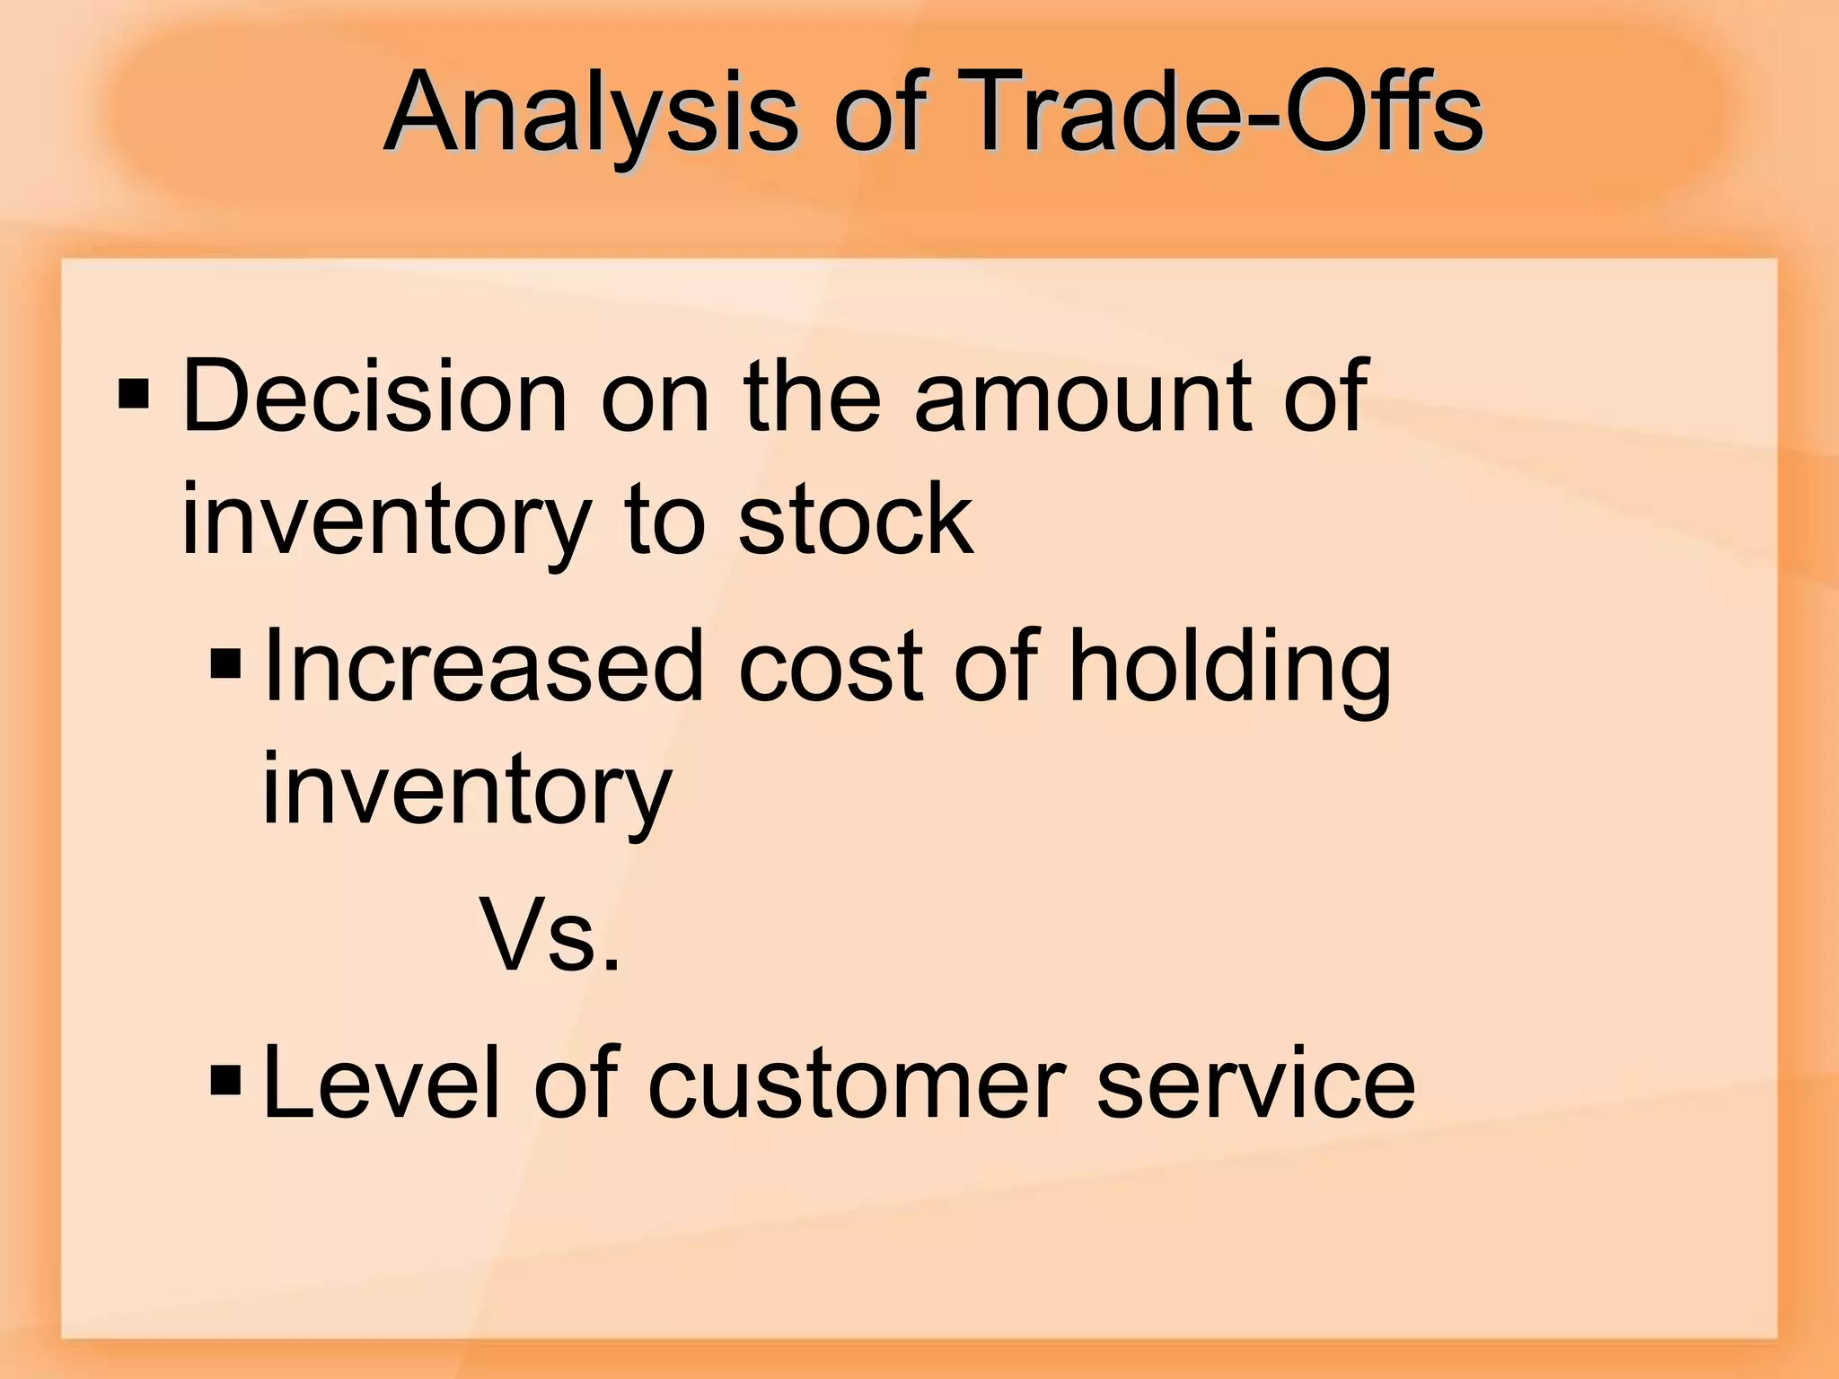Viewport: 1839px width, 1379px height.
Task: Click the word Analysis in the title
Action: pos(591,115)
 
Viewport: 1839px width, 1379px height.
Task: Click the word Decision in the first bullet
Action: pos(374,396)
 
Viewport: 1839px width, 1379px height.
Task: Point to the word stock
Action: pos(855,519)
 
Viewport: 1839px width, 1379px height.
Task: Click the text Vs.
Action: pos(550,935)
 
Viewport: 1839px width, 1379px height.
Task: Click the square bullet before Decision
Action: pos(134,393)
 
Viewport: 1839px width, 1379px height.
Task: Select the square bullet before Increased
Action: pos(225,664)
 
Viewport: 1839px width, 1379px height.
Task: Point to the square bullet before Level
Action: pos(225,1081)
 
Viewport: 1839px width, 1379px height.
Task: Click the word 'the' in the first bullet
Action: pos(812,396)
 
